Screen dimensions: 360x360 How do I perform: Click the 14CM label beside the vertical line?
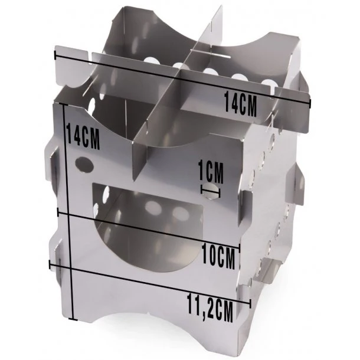point(83,137)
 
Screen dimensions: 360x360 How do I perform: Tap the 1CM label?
point(211,172)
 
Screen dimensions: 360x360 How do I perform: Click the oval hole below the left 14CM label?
point(84,163)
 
